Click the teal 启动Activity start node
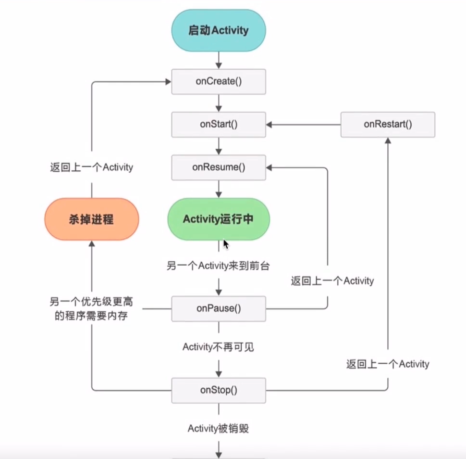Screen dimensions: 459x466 pyautogui.click(x=218, y=31)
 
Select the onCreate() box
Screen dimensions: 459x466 pyautogui.click(x=219, y=81)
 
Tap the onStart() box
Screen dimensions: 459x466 pyautogui.click(x=219, y=124)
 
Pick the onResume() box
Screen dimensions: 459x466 pyautogui.click(x=219, y=167)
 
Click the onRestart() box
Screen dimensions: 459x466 pyautogui.click(x=388, y=124)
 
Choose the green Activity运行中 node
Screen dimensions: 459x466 pyautogui.click(x=218, y=219)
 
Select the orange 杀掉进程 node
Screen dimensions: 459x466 pyautogui.click(x=92, y=219)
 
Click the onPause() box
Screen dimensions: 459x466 pyautogui.click(x=219, y=308)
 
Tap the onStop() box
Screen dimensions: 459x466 pyautogui.click(x=219, y=390)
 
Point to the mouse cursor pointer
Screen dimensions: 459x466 pyautogui.click(x=225, y=244)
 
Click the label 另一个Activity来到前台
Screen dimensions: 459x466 pyautogui.click(x=218, y=266)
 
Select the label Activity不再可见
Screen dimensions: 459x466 pyautogui.click(x=218, y=347)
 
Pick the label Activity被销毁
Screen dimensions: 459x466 pyautogui.click(x=218, y=428)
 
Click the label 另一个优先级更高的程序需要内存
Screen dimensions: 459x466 pyautogui.click(x=91, y=309)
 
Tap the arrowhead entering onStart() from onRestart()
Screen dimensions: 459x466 pyautogui.click(x=270, y=124)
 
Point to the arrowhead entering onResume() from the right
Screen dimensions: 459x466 pyautogui.click(x=270, y=167)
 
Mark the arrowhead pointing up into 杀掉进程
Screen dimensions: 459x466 pyautogui.click(x=92, y=244)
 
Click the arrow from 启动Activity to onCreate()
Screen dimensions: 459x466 pyautogui.click(x=219, y=60)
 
